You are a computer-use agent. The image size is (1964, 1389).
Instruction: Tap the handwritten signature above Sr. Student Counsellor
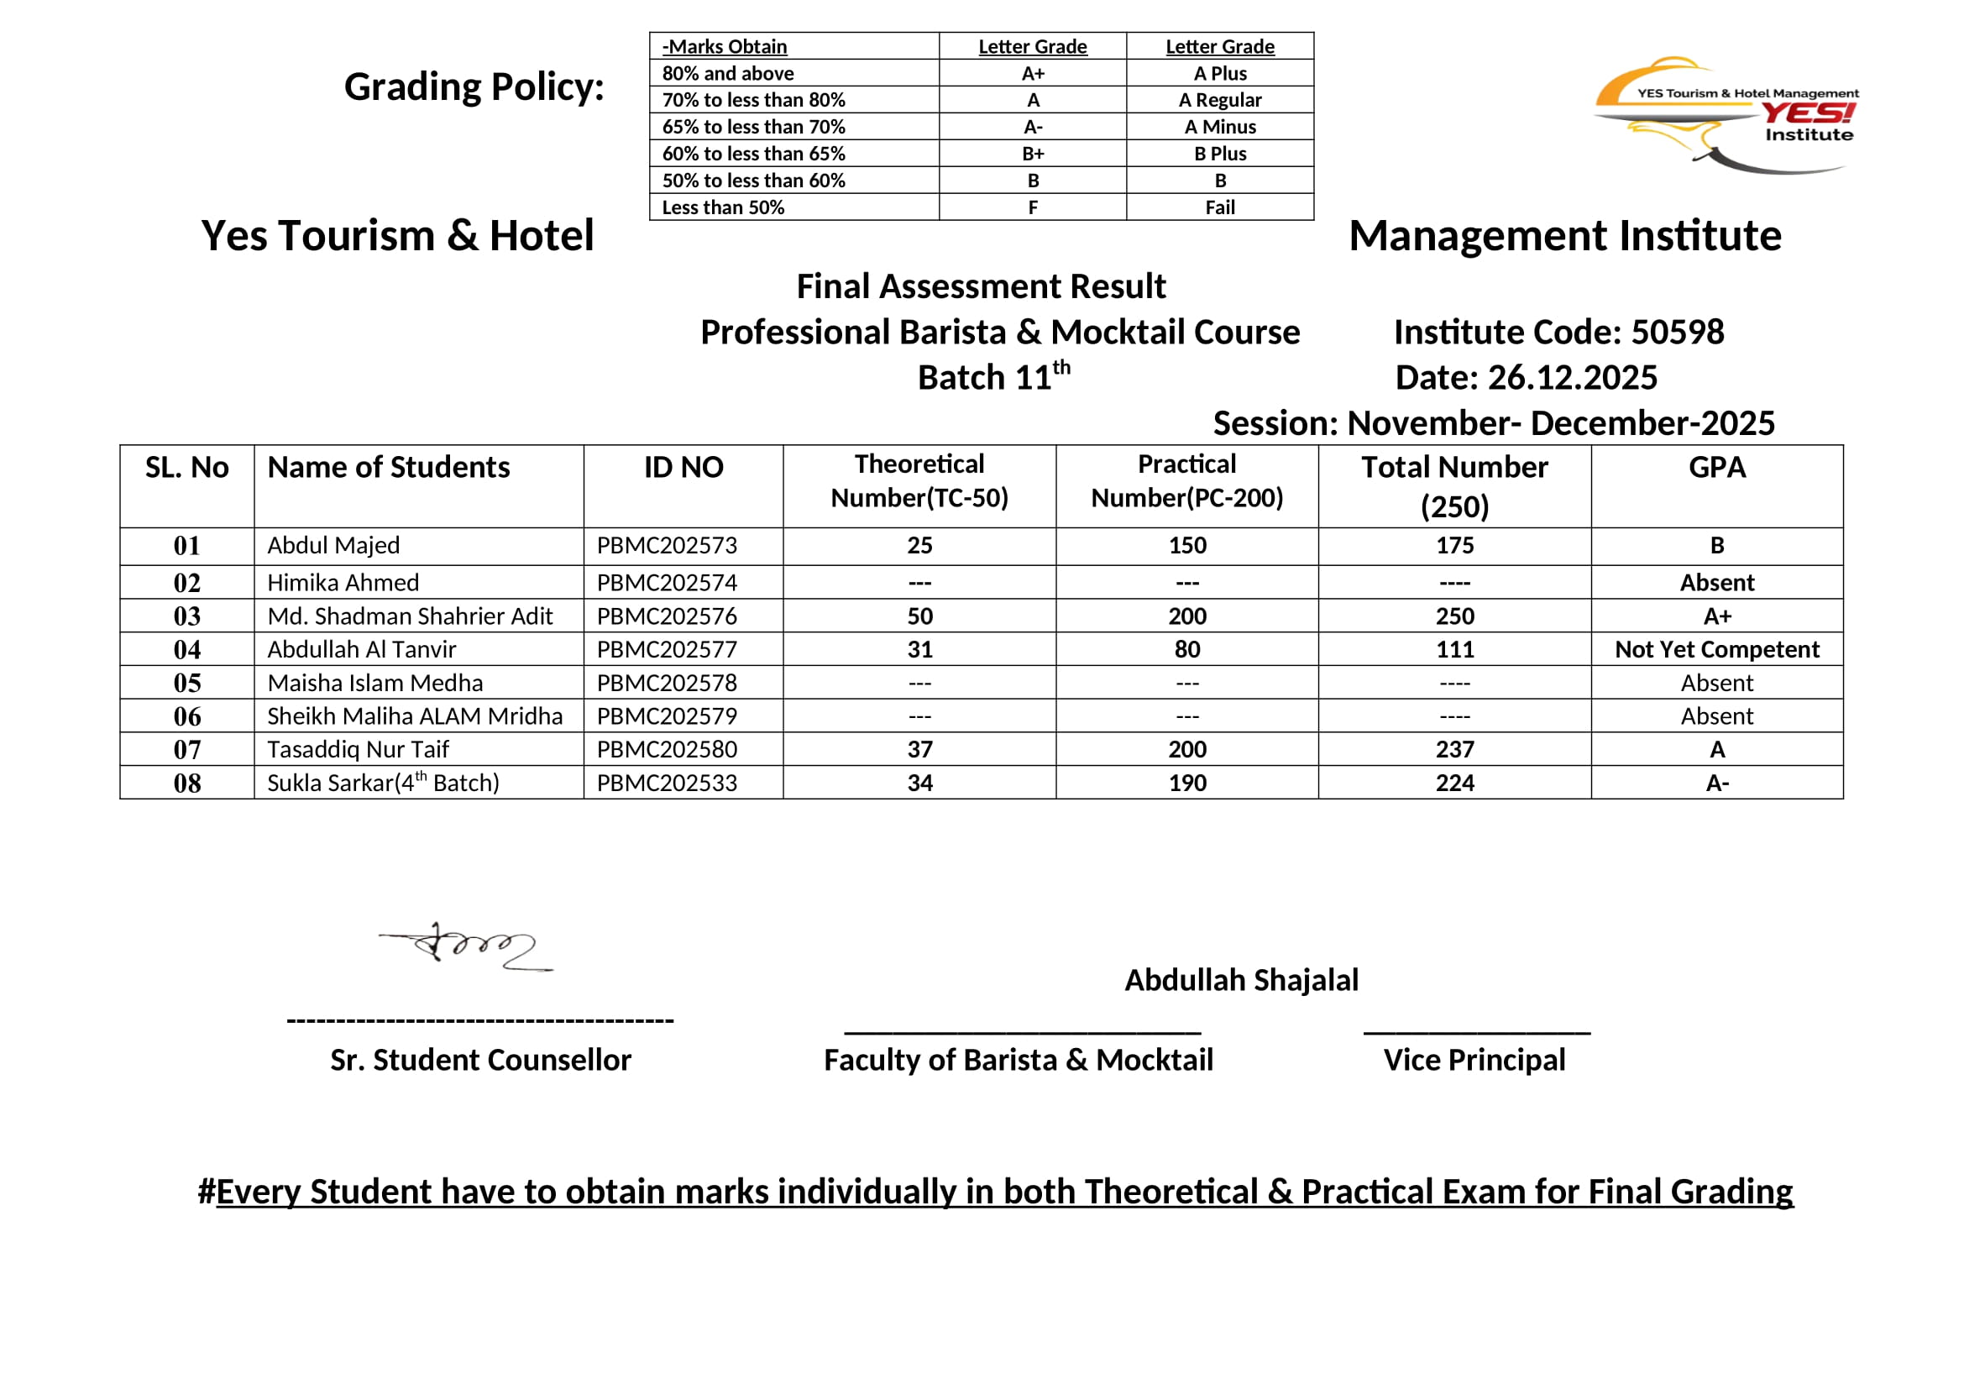pyautogui.click(x=467, y=946)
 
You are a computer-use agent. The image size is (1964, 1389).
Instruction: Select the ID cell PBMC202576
pyautogui.click(x=667, y=616)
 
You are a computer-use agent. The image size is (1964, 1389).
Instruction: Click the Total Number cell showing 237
pyautogui.click(x=1454, y=749)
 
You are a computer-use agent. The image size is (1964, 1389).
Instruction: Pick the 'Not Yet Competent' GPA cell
pyautogui.click(x=1716, y=649)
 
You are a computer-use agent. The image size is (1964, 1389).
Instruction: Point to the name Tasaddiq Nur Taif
pyautogui.click(x=358, y=749)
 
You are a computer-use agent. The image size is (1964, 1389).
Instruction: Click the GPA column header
pyautogui.click(x=1716, y=467)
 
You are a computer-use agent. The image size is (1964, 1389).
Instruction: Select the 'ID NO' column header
pyautogui.click(x=683, y=467)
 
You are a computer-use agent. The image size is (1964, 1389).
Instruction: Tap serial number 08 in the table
pyautogui.click(x=186, y=783)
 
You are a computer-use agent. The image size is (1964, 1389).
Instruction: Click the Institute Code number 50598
pyautogui.click(x=1677, y=332)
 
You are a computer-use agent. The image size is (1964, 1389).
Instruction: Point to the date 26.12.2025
pyautogui.click(x=1572, y=377)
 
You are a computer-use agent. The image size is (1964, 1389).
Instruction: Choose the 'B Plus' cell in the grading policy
pyautogui.click(x=1220, y=154)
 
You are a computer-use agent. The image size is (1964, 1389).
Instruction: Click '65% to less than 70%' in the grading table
pyautogui.click(x=752, y=127)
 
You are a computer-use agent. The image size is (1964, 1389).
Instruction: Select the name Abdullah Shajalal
pyautogui.click(x=1241, y=980)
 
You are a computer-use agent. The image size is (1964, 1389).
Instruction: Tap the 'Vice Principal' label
pyautogui.click(x=1474, y=1060)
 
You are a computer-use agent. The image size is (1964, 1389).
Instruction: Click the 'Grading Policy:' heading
pyautogui.click(x=474, y=87)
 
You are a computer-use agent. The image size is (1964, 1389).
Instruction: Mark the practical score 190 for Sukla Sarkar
pyautogui.click(x=1187, y=783)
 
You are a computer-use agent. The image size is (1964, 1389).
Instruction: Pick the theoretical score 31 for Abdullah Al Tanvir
pyautogui.click(x=919, y=649)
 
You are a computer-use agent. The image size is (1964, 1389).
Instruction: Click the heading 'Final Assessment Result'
pyautogui.click(x=980, y=286)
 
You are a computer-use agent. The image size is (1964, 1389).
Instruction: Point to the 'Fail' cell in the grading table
pyautogui.click(x=1220, y=207)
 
